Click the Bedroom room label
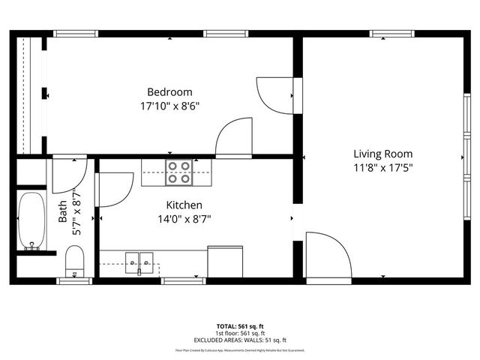[169, 92]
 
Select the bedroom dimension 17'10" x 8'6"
[169, 106]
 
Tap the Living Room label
[383, 154]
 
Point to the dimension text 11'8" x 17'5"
[383, 168]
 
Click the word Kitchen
[184, 205]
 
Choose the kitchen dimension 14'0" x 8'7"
[184, 219]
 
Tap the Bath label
[63, 215]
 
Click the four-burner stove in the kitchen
[178, 173]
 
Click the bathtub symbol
[32, 221]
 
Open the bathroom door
[69, 177]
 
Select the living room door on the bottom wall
[328, 255]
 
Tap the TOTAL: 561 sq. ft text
[240, 326]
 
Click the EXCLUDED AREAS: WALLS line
[240, 340]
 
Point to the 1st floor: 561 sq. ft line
[240, 333]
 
